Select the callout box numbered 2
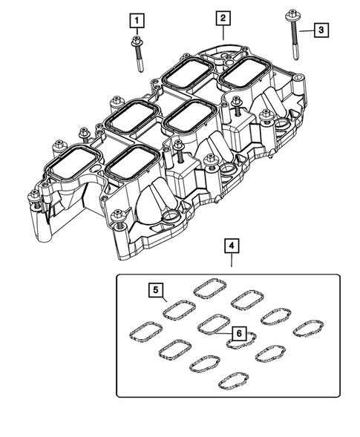pos(223,17)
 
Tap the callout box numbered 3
pos(320,30)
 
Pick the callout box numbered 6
pos(238,334)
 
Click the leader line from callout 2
pos(222,31)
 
